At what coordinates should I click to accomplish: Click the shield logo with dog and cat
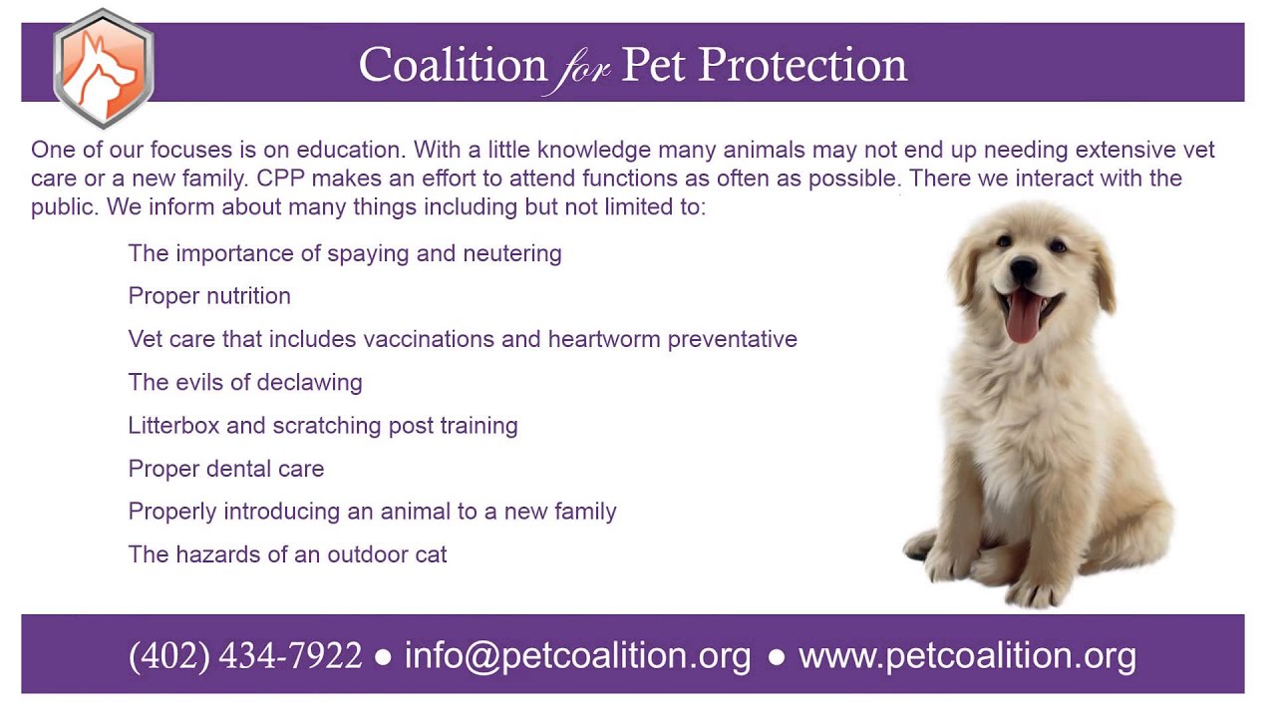(x=103, y=67)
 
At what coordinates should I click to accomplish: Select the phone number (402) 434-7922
(x=245, y=655)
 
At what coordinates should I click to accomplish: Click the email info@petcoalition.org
(x=577, y=655)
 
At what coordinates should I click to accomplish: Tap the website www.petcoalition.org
(x=967, y=655)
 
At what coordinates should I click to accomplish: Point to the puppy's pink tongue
(x=1023, y=317)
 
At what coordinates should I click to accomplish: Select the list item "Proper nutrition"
(x=209, y=296)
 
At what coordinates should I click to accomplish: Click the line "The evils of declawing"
(x=245, y=382)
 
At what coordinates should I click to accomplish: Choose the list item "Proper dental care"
(x=226, y=469)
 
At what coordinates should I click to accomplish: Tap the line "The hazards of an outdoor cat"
(x=287, y=554)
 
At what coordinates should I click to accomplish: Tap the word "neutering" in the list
(x=511, y=254)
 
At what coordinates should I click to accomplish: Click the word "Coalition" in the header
(x=453, y=66)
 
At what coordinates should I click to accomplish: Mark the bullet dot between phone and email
(x=383, y=657)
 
